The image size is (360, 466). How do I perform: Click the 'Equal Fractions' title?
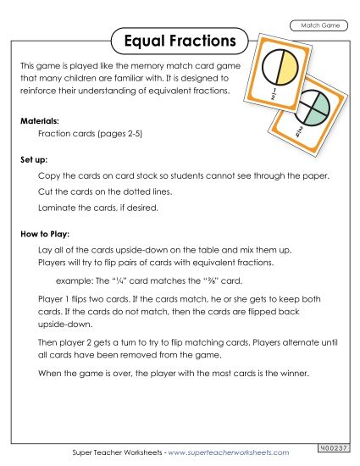tap(179, 40)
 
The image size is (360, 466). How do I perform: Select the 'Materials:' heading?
tap(39, 121)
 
